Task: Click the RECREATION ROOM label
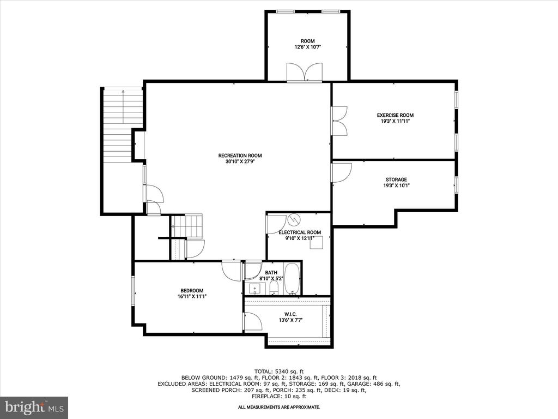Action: pos(240,155)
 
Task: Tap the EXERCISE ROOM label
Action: pos(395,115)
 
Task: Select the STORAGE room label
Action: pos(396,179)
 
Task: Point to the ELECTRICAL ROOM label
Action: pos(300,232)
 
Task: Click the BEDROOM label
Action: pos(192,290)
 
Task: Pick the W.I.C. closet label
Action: pos(290,314)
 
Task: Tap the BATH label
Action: pos(271,273)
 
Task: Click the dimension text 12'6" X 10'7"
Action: pos(307,47)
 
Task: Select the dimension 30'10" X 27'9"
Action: pos(240,161)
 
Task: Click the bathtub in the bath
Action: pos(292,279)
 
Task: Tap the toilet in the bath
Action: pos(274,288)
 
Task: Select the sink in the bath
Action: pos(255,288)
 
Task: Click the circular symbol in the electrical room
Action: pos(294,219)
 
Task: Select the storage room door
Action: pos(341,173)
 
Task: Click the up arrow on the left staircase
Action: pos(123,106)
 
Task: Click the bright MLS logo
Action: pos(34,407)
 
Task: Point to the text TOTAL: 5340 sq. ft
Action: pos(279,371)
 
